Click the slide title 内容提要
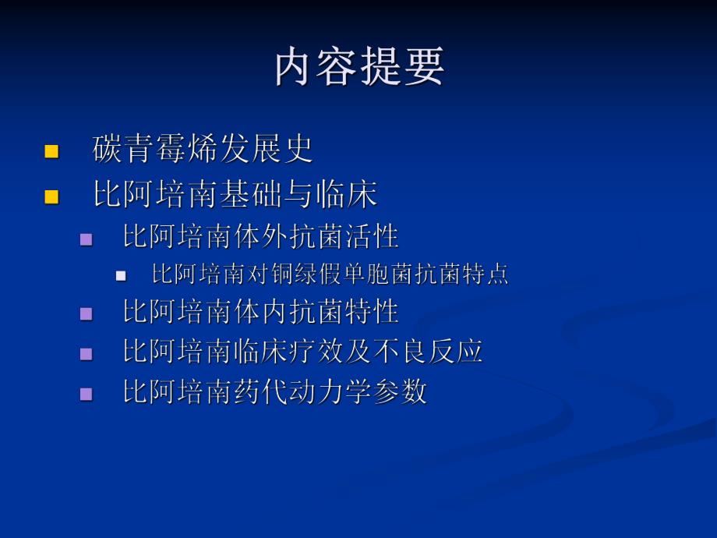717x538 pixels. click(x=359, y=67)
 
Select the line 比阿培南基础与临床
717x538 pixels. click(x=235, y=195)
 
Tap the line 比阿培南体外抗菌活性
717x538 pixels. click(x=260, y=236)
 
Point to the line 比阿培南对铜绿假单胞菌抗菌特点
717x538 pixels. click(x=330, y=274)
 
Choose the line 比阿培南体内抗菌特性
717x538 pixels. click(x=260, y=312)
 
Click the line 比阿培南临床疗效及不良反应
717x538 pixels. click(x=302, y=351)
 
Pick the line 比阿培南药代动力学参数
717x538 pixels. click(x=274, y=391)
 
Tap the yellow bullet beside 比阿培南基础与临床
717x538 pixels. click(x=52, y=196)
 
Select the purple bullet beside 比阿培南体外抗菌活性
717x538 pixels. click(x=87, y=239)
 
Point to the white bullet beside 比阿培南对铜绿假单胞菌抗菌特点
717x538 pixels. click(x=121, y=276)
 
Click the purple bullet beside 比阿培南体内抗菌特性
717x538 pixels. click(x=87, y=314)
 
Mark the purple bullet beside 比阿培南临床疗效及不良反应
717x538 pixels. click(x=87, y=353)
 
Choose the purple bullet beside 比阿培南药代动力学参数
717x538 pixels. click(x=87, y=393)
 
